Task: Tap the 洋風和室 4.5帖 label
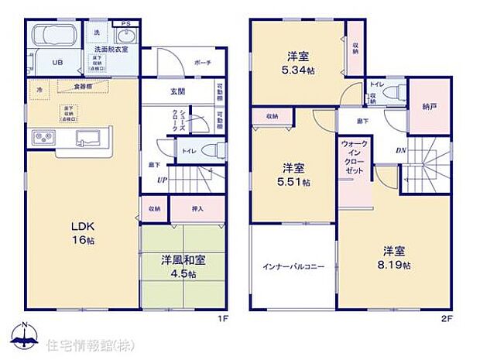click(183, 266)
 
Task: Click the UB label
click(57, 63)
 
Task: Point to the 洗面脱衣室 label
click(111, 49)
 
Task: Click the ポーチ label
click(204, 63)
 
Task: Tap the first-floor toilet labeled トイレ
click(188, 149)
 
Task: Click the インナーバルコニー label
click(292, 266)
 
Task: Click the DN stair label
click(402, 150)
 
